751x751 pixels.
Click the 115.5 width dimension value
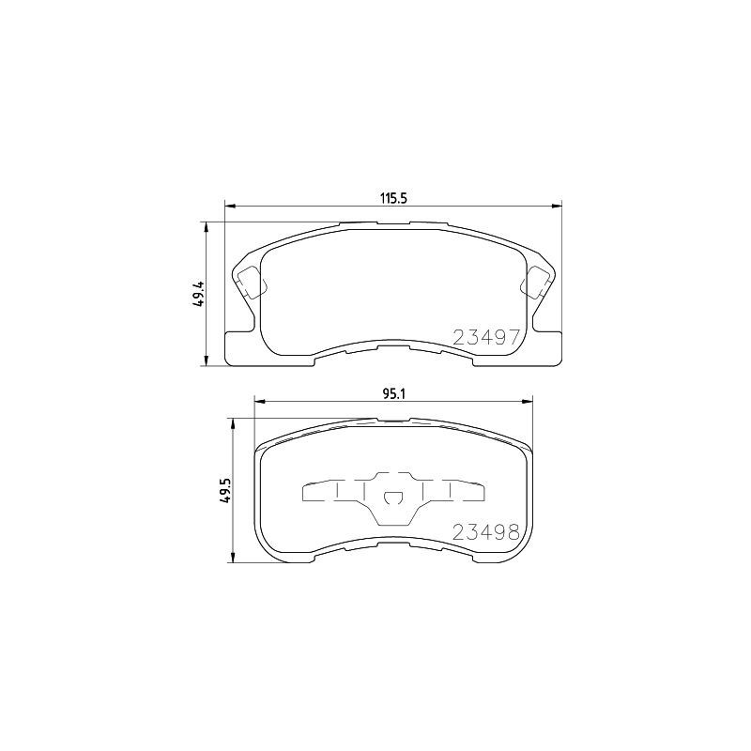[391, 197]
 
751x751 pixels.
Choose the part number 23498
[486, 532]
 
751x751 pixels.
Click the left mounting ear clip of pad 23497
[251, 280]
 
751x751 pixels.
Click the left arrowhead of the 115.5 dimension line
[228, 207]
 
